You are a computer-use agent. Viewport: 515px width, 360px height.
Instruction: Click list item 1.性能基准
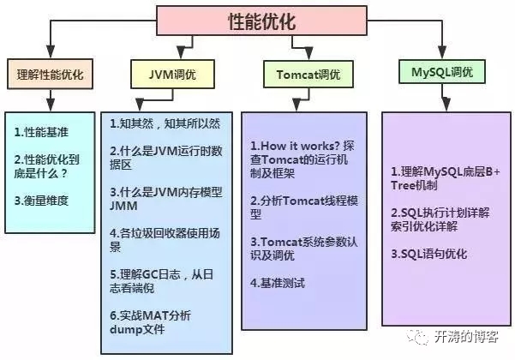click(42, 132)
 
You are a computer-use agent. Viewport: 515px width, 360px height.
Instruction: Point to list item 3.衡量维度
click(42, 200)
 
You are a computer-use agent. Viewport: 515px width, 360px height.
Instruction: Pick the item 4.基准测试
click(277, 282)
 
